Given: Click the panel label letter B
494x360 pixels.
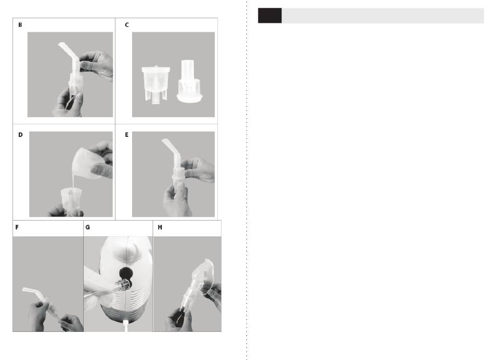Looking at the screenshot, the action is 20,25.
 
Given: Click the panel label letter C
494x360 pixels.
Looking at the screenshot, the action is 127,25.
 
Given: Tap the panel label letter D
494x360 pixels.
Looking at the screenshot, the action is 20,135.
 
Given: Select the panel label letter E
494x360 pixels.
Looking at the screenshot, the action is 127,135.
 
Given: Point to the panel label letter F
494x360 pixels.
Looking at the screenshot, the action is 17,227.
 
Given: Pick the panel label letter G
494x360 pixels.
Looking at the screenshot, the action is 87,227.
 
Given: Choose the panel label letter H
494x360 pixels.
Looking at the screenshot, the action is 160,227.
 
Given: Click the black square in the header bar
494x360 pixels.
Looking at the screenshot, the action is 270,16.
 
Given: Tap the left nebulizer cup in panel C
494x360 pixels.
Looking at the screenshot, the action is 155,84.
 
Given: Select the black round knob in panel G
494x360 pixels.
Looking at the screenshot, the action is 126,273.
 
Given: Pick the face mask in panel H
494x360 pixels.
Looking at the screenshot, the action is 206,276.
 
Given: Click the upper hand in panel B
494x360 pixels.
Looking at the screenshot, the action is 96,65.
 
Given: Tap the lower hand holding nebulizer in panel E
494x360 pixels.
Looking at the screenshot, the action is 176,201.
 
